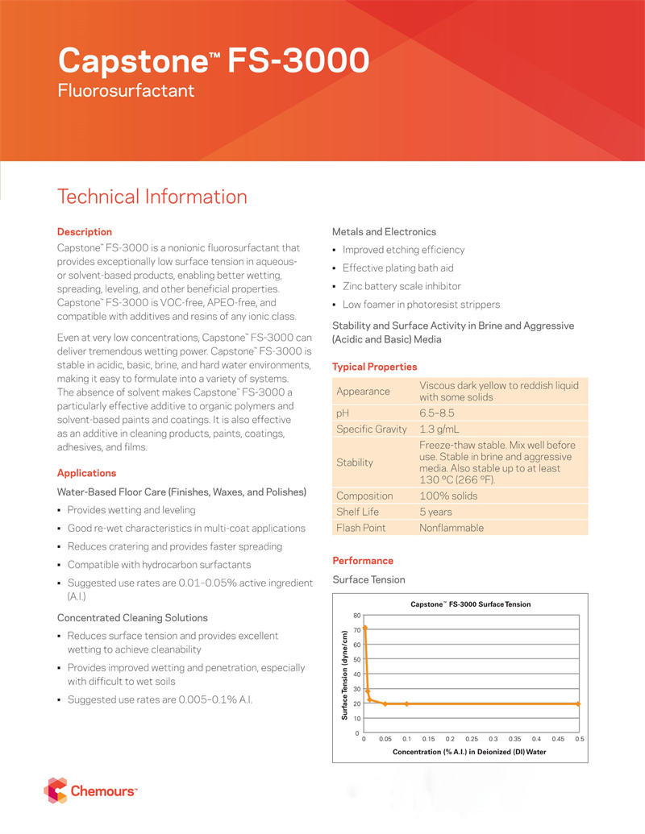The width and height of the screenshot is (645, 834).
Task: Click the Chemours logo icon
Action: point(56,790)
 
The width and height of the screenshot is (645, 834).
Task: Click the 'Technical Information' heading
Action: point(152,197)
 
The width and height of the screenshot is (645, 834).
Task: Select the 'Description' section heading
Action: point(84,232)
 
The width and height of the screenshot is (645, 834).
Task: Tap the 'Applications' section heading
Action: point(86,473)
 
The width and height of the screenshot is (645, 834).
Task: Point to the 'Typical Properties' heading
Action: point(374,367)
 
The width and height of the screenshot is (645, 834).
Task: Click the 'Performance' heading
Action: point(363,561)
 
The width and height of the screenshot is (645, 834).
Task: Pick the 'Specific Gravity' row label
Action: point(372,429)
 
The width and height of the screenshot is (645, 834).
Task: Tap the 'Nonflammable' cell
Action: point(451,528)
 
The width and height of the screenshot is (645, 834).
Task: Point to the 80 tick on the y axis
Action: point(356,616)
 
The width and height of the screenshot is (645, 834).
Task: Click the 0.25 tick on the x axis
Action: point(472,739)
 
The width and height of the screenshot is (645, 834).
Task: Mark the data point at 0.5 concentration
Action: point(579,703)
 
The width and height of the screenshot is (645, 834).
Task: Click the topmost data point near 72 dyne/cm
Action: point(365,628)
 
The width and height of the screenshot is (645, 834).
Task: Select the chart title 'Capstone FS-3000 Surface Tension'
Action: point(471,604)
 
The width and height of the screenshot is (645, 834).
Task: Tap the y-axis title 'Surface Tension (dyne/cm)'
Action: point(344,675)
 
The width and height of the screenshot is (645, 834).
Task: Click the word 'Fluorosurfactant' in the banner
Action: point(127,91)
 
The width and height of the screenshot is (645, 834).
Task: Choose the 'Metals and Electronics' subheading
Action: point(384,232)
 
